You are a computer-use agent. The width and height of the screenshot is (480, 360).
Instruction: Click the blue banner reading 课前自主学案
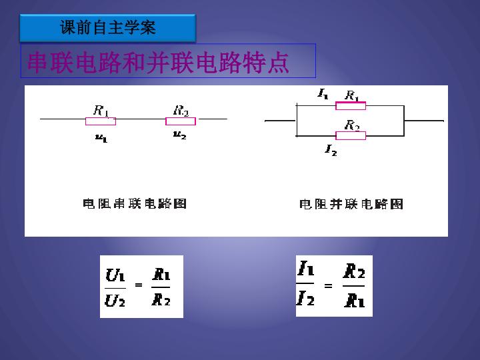coord(108,27)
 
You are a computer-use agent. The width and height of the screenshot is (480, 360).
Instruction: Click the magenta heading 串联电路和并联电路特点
coord(158,63)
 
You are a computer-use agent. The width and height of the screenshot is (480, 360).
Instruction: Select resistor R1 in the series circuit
coord(101,121)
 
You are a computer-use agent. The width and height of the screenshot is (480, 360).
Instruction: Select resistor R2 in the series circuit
coord(181,121)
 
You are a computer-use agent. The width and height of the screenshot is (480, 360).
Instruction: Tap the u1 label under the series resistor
coord(101,138)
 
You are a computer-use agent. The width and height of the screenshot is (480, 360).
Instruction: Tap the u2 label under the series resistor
coord(180,135)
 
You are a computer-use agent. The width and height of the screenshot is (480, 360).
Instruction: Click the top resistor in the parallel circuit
coord(351,105)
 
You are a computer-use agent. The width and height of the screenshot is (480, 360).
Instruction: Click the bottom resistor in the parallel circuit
coord(351,135)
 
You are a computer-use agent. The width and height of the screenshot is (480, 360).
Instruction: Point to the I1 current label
coord(323,94)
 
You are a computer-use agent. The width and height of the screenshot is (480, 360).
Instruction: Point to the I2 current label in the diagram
coord(331,150)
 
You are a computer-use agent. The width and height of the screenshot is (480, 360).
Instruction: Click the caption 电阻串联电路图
coord(135,203)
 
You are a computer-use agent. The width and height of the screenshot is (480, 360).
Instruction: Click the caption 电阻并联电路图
coord(351,204)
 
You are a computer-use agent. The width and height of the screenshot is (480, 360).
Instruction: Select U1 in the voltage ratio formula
coord(115,275)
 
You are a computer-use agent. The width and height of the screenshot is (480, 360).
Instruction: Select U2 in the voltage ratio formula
coord(115,300)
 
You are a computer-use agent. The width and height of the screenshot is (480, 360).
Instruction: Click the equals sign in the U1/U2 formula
coord(139,285)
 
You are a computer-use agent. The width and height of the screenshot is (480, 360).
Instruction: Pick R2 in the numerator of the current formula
coord(354,271)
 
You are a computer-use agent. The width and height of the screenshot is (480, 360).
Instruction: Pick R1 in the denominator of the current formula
coord(354,300)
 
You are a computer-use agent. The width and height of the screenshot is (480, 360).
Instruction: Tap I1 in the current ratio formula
coord(305,268)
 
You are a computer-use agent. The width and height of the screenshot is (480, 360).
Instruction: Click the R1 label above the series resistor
coord(101,111)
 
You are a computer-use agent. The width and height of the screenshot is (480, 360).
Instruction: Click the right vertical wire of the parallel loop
coord(404,121)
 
